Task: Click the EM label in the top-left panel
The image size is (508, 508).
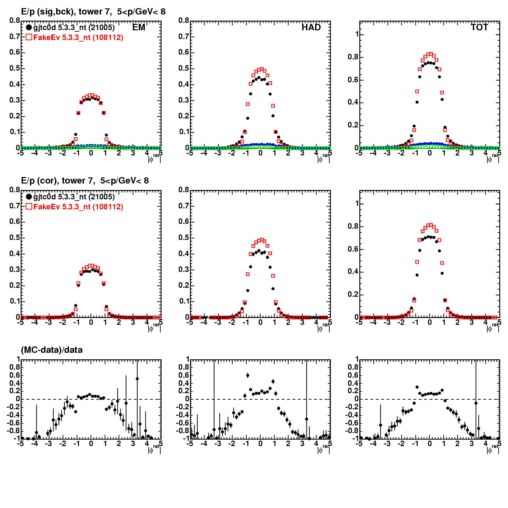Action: click(139, 28)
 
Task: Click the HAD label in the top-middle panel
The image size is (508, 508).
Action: click(311, 28)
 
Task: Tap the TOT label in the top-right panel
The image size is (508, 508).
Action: click(479, 28)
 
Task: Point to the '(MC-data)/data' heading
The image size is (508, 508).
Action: click(52, 350)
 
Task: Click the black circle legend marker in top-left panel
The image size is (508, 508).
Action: click(29, 28)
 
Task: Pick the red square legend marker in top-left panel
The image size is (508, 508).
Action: click(29, 37)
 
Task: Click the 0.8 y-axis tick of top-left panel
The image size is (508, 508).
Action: click(15, 21)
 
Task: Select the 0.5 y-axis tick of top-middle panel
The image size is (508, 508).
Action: click(184, 68)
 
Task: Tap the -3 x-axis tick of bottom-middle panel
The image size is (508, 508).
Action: click(218, 443)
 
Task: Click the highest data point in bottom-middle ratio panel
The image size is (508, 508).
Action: click(248, 375)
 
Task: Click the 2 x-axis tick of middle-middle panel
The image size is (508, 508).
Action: click(288, 322)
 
